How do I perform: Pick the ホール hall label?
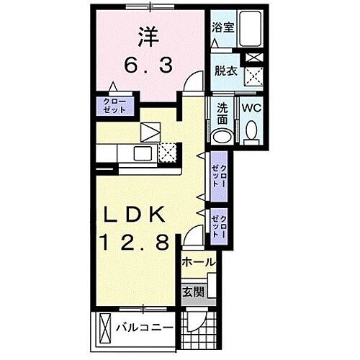pos(199,264)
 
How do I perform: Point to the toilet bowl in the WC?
pos(251,130)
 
